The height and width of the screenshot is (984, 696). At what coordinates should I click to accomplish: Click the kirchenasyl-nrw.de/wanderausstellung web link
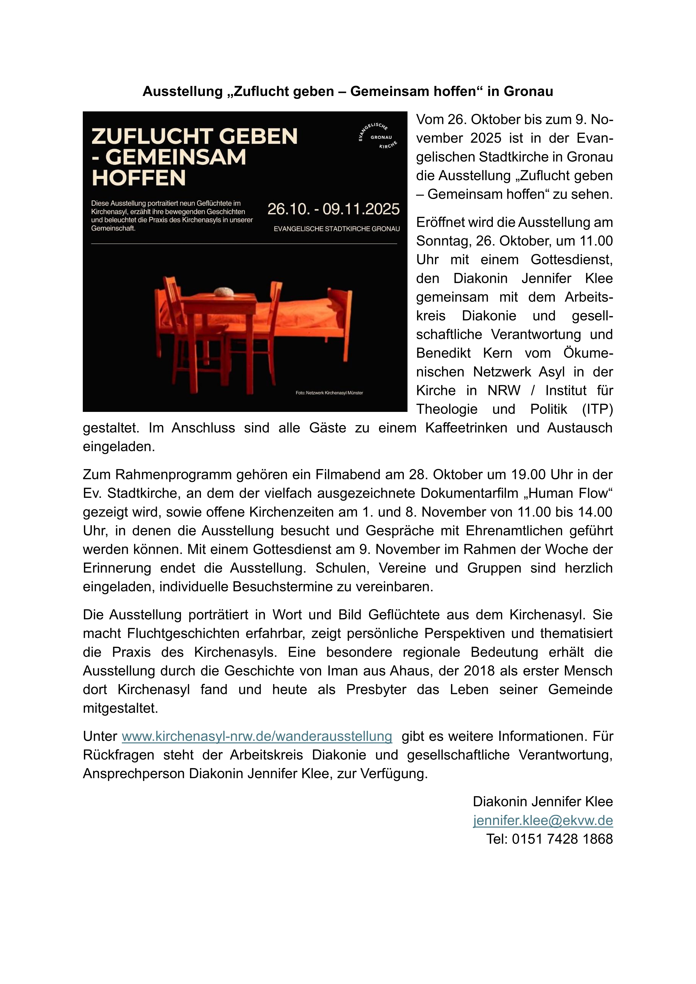[257, 736]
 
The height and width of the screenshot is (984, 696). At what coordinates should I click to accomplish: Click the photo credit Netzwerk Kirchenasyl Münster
[329, 393]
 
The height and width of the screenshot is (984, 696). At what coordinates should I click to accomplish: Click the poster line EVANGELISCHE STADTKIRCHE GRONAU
[336, 229]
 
